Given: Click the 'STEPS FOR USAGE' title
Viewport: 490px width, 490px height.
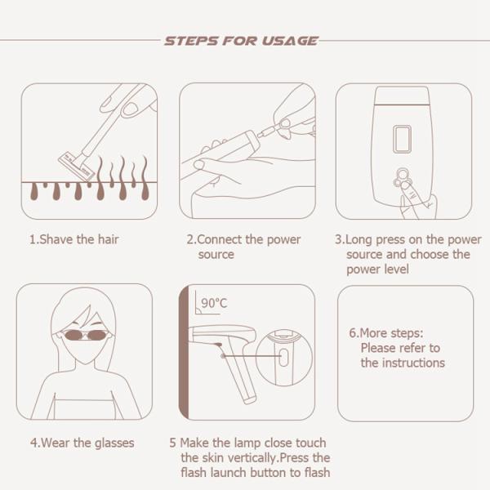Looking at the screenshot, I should tap(241, 40).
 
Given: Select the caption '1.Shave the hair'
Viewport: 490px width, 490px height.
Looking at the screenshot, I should tap(74, 240).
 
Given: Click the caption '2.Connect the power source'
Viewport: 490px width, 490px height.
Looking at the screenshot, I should tap(243, 247).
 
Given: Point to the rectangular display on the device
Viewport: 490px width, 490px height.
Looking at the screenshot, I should tap(401, 139).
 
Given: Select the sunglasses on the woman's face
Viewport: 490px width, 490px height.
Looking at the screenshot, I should tap(83, 335).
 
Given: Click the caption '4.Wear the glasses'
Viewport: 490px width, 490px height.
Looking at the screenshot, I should tap(82, 443).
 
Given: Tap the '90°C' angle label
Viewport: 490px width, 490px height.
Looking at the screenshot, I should tap(214, 303).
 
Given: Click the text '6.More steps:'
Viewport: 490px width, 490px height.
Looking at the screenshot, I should tap(386, 333).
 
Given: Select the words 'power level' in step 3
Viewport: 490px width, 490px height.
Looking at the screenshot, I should tap(372, 269).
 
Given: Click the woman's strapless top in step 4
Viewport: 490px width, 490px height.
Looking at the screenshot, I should tap(84, 408).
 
